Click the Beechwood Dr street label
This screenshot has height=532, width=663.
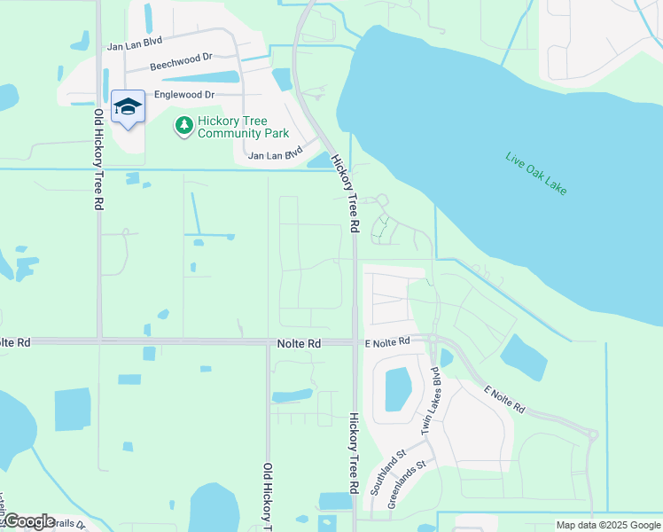point(181,60)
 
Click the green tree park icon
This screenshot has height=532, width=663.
point(183,127)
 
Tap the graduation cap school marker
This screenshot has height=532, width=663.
point(129,108)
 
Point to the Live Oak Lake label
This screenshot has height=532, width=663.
point(535,173)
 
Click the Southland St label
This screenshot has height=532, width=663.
point(388,471)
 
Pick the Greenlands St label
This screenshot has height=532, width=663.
point(407,483)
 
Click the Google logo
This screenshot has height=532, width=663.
point(28,521)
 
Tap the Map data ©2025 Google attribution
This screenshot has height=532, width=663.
point(607,525)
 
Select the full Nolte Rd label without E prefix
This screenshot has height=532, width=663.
point(297,343)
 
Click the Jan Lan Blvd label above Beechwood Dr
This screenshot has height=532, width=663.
point(136,44)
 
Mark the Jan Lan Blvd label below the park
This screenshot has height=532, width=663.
point(282,153)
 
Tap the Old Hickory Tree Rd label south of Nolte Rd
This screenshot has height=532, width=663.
point(266,493)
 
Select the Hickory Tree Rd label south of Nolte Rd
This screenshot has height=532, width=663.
point(353,452)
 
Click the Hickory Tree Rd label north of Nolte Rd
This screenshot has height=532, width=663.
point(344,193)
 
